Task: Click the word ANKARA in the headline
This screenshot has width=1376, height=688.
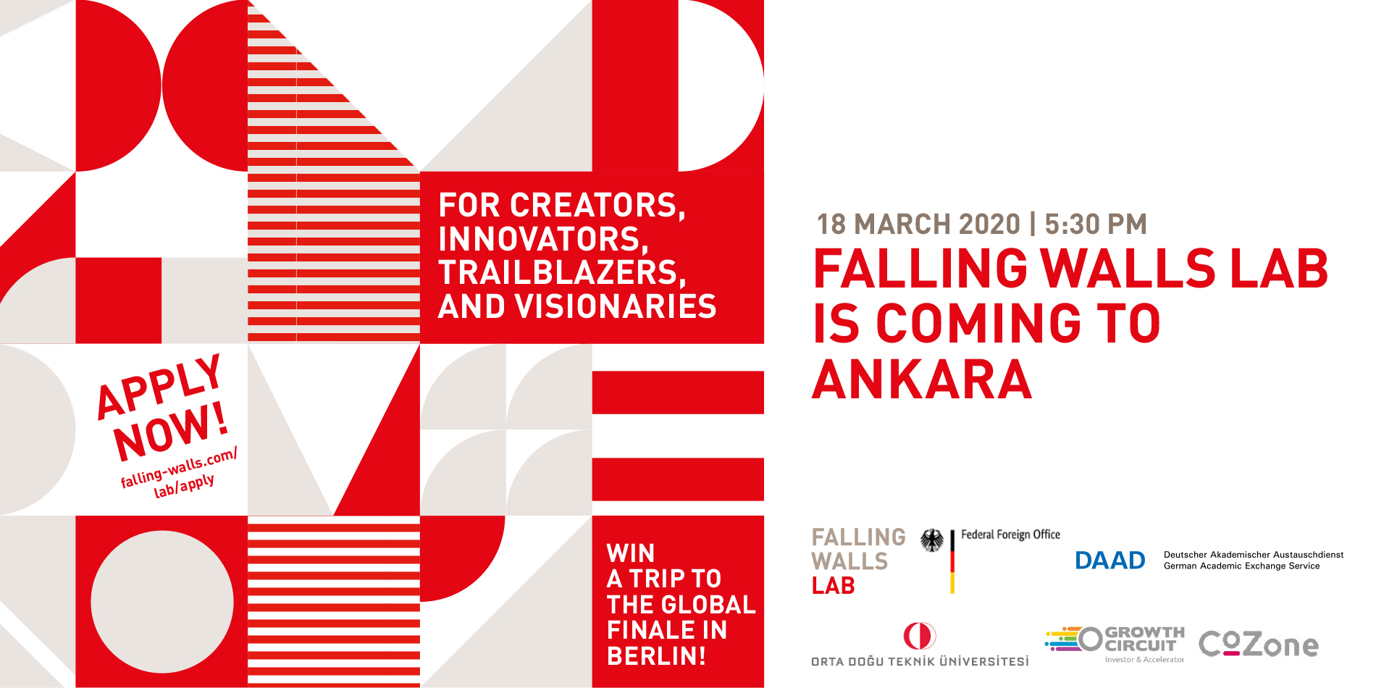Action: (922, 379)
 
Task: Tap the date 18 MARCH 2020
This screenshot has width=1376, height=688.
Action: (918, 225)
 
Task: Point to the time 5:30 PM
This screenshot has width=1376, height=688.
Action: (1096, 225)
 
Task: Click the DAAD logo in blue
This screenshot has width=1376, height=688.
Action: (1110, 561)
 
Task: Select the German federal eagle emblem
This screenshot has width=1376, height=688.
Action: (932, 540)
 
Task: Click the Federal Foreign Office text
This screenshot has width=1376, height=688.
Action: (1010, 534)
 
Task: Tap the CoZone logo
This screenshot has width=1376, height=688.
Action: (1259, 644)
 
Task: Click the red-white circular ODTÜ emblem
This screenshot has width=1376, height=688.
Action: (919, 636)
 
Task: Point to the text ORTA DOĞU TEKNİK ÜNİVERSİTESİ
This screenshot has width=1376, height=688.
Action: (920, 661)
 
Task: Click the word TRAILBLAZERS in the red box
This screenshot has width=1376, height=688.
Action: (562, 273)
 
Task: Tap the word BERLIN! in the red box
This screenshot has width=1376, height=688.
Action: (656, 655)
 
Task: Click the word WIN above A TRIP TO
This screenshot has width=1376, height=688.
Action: (631, 553)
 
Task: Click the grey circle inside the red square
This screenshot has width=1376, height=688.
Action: (161, 602)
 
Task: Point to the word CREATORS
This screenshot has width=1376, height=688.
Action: (598, 206)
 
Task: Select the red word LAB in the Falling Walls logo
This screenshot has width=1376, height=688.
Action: (834, 585)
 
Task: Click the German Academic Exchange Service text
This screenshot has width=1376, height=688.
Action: (1241, 566)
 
